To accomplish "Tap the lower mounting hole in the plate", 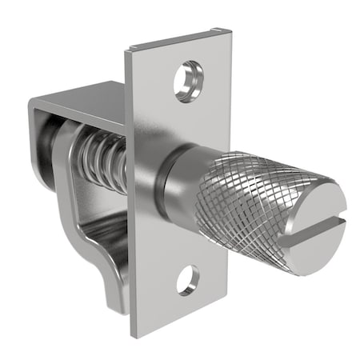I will click(187, 279).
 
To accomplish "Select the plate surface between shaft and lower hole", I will click(184, 244).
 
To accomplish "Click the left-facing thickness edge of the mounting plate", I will click(130, 240).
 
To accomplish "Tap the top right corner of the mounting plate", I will click(229, 32).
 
